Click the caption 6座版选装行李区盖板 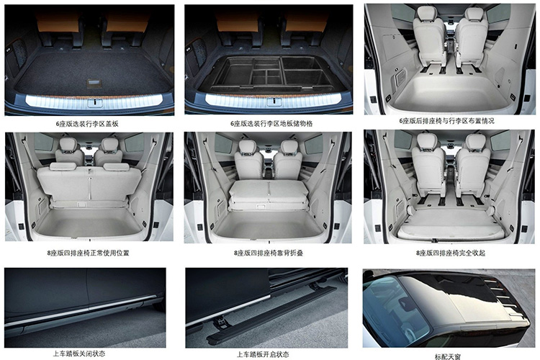point(87,124)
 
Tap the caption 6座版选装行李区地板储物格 point(271,124)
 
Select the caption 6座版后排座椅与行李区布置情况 point(446,121)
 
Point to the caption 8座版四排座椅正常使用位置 point(88,253)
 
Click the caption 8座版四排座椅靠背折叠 point(269,253)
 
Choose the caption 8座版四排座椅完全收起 point(451,253)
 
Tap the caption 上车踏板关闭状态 point(79,354)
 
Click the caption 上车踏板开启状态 point(263,354)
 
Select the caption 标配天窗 point(448,356)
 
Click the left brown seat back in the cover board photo point(58,22)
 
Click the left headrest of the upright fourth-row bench point(63,167)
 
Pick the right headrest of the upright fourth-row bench point(117,167)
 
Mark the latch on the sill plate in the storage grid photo point(274,102)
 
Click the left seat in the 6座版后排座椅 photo point(429,38)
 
